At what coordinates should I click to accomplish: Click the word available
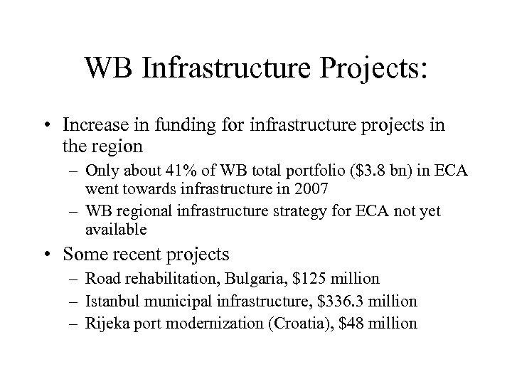[115, 229]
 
